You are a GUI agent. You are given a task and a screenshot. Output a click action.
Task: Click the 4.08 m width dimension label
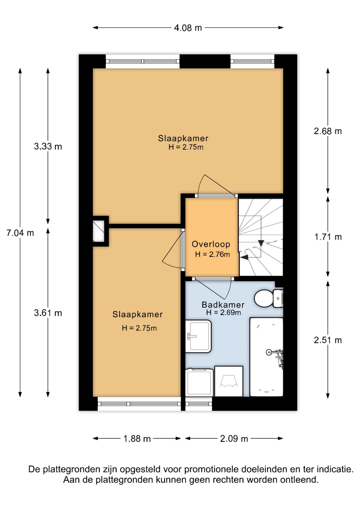(188, 28)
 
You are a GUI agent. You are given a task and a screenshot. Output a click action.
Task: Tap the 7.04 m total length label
(20, 233)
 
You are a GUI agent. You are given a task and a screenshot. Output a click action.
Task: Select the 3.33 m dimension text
(48, 146)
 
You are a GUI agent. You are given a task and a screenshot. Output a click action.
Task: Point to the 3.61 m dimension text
(48, 313)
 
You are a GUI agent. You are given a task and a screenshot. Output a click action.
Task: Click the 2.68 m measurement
(328, 131)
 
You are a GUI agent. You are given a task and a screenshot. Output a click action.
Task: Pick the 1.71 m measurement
(328, 237)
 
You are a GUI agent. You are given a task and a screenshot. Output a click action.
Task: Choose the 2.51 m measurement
(328, 340)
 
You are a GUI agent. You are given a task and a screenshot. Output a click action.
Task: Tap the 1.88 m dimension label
(137, 439)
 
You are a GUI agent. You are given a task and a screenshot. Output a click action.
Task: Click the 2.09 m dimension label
(234, 439)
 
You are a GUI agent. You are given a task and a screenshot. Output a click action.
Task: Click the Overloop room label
(211, 244)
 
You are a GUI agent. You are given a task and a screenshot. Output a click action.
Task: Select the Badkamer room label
(223, 305)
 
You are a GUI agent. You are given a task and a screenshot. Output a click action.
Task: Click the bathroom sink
(198, 336)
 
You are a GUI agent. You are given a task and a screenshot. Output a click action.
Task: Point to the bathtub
(266, 357)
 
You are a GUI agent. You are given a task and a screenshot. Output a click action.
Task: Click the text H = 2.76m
(212, 254)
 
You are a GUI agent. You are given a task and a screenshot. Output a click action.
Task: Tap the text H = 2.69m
(223, 313)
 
